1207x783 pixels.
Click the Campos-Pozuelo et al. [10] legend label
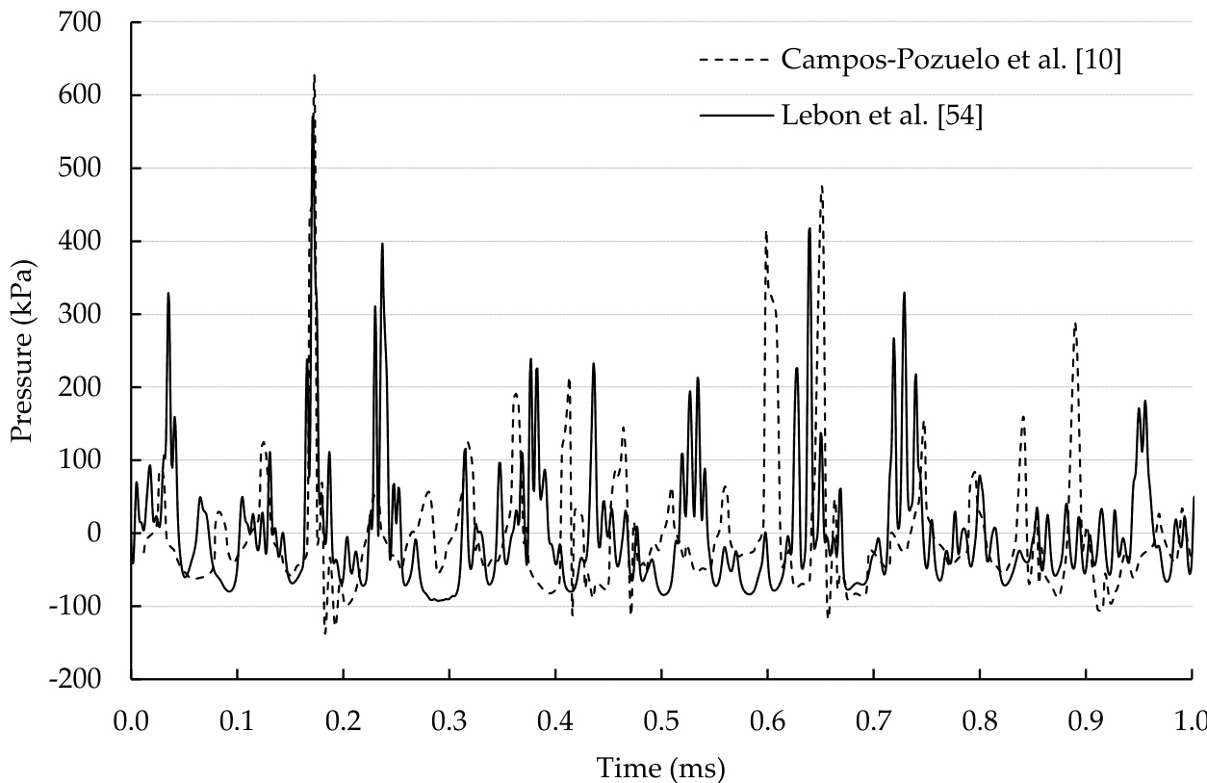pyautogui.click(x=951, y=60)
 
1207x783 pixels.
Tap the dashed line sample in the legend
pyautogui.click(x=735, y=60)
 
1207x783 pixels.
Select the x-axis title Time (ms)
pyautogui.click(x=660, y=768)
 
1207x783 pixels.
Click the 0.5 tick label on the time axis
pyautogui.click(x=661, y=720)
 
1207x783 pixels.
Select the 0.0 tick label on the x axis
pyautogui.click(x=131, y=720)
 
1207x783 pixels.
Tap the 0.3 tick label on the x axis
pyautogui.click(x=449, y=720)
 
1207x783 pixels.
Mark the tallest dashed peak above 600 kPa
pyautogui.click(x=315, y=76)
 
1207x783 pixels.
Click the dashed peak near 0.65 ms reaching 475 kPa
pyautogui.click(x=822, y=187)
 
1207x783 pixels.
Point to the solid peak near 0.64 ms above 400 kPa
pyautogui.click(x=809, y=229)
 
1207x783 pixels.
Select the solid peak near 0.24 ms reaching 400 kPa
pyautogui.click(x=382, y=244)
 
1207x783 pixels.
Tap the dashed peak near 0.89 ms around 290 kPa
pyautogui.click(x=1075, y=324)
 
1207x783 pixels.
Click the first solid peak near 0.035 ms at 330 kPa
pyautogui.click(x=168, y=293)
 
